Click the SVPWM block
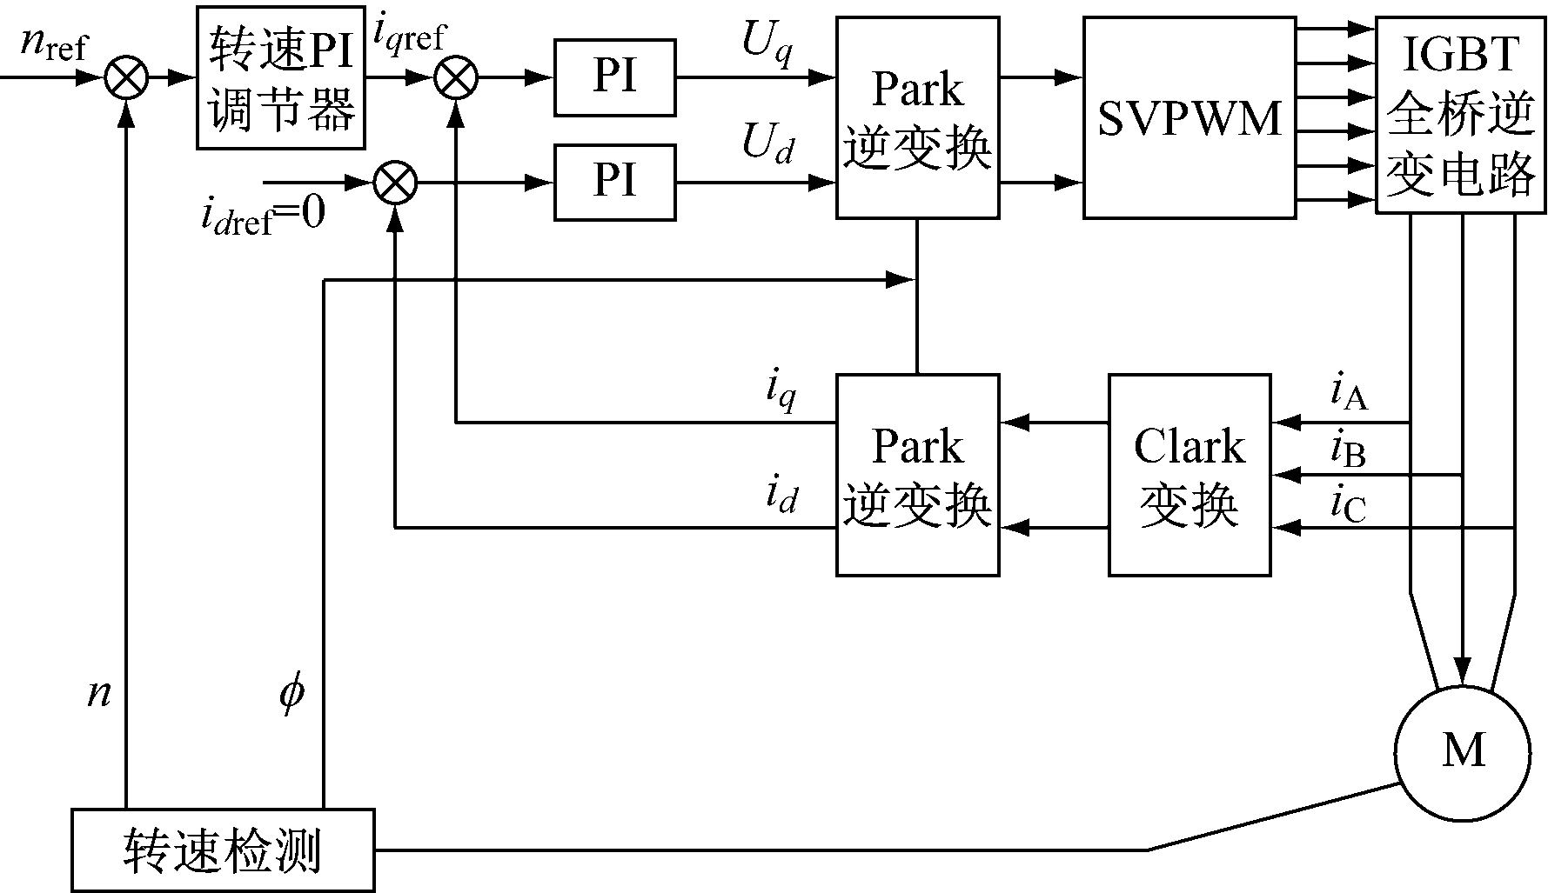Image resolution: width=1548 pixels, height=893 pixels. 1189,118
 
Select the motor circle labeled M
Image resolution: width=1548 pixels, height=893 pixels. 1462,751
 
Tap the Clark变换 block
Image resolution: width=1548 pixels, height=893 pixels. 1189,475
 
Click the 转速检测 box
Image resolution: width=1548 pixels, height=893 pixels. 223,850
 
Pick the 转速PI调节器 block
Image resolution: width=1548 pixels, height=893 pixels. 280,78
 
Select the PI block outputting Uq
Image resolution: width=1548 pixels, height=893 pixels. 614,77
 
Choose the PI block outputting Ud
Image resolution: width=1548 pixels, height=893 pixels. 614,183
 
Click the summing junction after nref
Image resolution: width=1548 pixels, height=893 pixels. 127,78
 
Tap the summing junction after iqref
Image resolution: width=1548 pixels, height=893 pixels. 456,78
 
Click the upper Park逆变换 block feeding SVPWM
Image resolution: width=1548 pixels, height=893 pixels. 917,118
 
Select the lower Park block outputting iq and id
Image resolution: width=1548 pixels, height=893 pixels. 917,475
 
